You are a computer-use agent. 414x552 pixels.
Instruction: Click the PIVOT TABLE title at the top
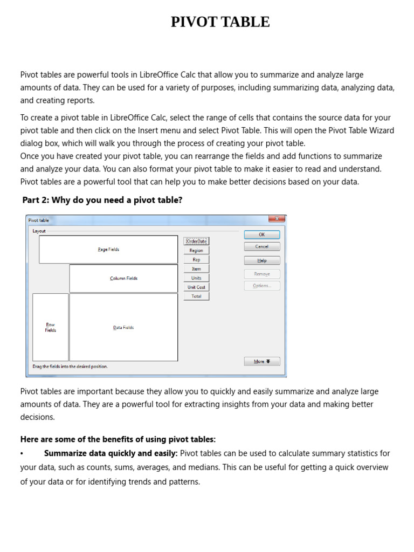pyautogui.click(x=220, y=22)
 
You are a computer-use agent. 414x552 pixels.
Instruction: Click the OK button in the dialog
pyautogui.click(x=262, y=234)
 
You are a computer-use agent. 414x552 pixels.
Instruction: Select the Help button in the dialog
pyautogui.click(x=262, y=260)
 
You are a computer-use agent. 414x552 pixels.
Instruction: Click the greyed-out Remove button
pyautogui.click(x=262, y=274)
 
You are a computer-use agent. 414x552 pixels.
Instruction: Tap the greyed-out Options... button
pyautogui.click(x=262, y=286)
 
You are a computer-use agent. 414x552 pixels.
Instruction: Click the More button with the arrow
pyautogui.click(x=262, y=361)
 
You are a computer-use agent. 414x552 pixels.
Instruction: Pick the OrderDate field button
pyautogui.click(x=196, y=241)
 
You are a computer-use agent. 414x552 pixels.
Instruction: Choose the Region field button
pyautogui.click(x=196, y=250)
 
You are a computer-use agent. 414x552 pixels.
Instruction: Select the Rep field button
pyautogui.click(x=196, y=259)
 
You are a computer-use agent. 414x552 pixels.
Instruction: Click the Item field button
pyautogui.click(x=196, y=268)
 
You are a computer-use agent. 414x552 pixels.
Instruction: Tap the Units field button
pyautogui.click(x=196, y=278)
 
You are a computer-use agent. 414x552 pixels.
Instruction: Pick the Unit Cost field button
pyautogui.click(x=196, y=287)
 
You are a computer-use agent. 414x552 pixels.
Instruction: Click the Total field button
pyautogui.click(x=196, y=296)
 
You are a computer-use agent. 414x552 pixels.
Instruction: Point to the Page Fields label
pyautogui.click(x=108, y=250)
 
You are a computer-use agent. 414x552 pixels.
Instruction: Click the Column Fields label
pyautogui.click(x=123, y=278)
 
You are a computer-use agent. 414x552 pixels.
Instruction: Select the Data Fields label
pyautogui.click(x=123, y=327)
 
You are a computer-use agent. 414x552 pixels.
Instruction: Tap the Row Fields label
pyautogui.click(x=51, y=327)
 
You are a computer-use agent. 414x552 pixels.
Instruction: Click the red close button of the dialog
pyautogui.click(x=277, y=219)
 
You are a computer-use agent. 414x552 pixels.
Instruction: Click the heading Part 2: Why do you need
pyautogui.click(x=102, y=200)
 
